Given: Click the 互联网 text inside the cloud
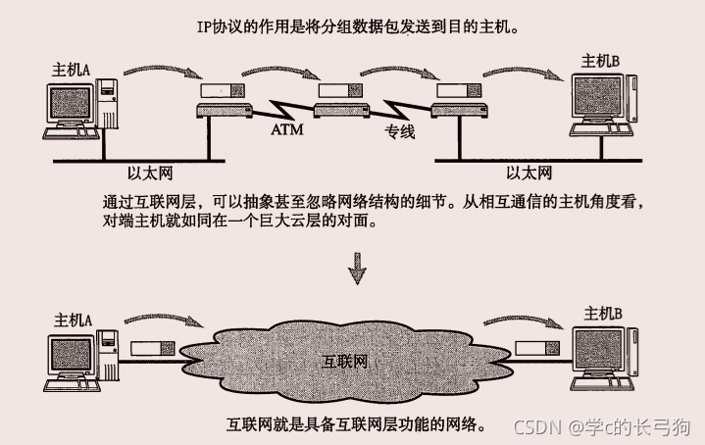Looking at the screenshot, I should pos(346,361).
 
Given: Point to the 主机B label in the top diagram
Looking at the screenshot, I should pos(600,61).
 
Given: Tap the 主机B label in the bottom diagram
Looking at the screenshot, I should pos(603,314).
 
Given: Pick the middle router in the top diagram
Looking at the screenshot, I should pos(338,94).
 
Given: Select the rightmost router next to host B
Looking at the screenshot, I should pos(460,94).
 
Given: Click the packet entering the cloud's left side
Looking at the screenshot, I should pos(152,348).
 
